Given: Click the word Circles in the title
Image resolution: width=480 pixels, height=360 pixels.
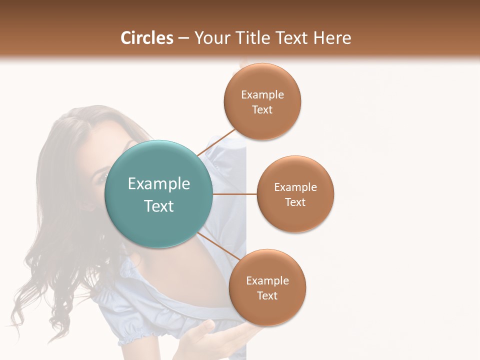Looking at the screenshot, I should [146, 38].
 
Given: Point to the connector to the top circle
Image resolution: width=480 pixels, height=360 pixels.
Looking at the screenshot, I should [216, 141].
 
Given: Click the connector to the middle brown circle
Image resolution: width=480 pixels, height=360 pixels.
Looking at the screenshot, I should [234, 193].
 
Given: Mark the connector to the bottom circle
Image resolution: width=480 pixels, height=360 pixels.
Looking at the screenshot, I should [219, 246].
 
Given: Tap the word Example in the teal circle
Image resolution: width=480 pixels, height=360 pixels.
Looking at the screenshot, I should [159, 184].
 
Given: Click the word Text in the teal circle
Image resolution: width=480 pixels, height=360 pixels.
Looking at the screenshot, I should [159, 206].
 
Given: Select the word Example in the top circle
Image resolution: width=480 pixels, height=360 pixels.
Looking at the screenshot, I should [262, 95].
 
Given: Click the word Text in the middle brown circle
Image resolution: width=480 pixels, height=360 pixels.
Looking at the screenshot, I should [295, 202].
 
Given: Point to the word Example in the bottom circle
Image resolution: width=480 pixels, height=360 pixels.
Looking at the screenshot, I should [267, 281].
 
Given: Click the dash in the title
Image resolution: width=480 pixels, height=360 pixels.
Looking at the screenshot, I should [183, 38].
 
